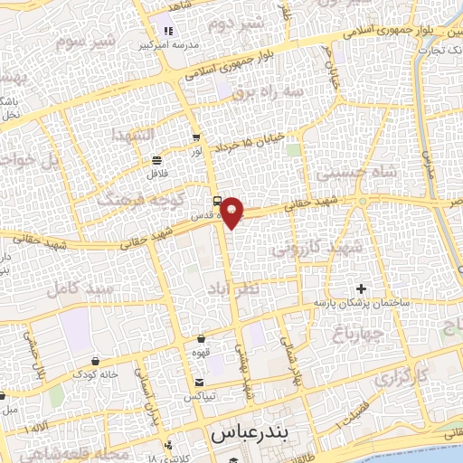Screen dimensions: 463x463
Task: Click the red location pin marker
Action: [232, 212]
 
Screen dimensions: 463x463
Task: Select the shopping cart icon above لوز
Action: [196, 138]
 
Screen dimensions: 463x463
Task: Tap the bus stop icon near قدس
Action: [217, 200]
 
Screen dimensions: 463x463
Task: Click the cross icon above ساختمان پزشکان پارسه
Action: [361, 288]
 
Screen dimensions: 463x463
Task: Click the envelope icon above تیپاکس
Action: [197, 380]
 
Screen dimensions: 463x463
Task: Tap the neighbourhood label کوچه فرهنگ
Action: [132, 199]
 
